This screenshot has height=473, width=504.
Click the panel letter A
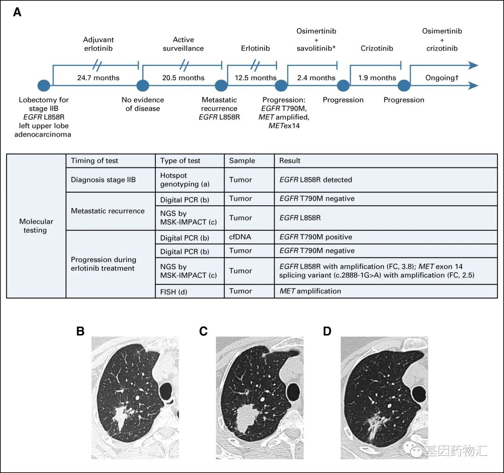(17, 13)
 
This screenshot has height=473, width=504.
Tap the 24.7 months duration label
(98, 78)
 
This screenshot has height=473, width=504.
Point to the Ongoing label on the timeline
(442, 78)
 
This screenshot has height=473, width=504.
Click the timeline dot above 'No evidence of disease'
(142, 86)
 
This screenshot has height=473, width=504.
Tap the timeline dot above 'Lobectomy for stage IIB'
(43, 86)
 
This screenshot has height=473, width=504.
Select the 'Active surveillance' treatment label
(183, 44)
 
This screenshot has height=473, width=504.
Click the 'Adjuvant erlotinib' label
(98, 44)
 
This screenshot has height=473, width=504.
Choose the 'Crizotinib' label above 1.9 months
(377, 48)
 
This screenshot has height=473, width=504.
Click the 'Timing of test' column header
(95, 160)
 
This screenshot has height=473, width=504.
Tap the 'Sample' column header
(242, 160)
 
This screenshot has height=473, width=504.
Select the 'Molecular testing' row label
(36, 226)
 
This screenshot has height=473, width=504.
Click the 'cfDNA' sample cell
(240, 237)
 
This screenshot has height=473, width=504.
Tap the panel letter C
(203, 332)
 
